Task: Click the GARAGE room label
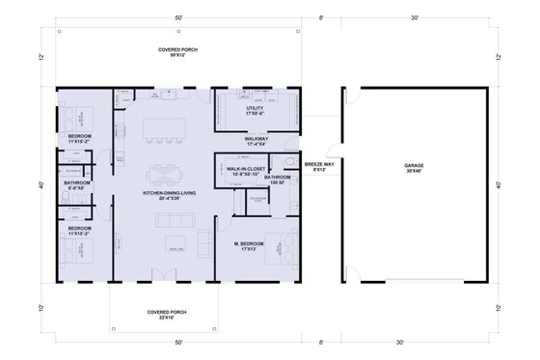(413, 168)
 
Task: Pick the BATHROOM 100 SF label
(279, 180)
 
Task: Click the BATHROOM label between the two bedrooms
(78, 184)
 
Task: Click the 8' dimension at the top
(320, 18)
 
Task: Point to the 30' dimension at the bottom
(413, 343)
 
